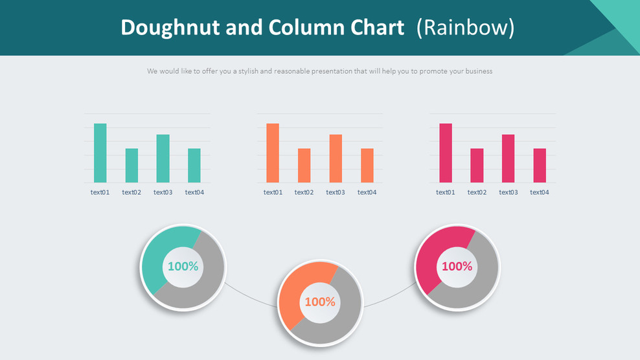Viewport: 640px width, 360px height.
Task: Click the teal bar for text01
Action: (x=100, y=153)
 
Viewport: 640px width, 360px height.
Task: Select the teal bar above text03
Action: (x=163, y=159)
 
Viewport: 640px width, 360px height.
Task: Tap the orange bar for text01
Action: (x=273, y=153)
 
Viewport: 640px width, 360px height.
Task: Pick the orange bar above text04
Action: (x=367, y=166)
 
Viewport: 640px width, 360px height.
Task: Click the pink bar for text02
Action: (x=477, y=166)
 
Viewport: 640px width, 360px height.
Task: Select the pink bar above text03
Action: (x=508, y=159)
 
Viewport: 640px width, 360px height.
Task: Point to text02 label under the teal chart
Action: (x=131, y=192)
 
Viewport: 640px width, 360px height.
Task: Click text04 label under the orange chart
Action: (x=367, y=192)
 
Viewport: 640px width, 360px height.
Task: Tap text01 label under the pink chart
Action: (x=446, y=192)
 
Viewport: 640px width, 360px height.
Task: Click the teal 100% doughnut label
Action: (x=183, y=266)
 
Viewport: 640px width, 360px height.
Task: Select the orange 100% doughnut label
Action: (x=320, y=302)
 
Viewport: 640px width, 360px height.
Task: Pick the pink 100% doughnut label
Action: (x=457, y=266)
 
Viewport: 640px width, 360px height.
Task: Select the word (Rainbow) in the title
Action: (x=465, y=27)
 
